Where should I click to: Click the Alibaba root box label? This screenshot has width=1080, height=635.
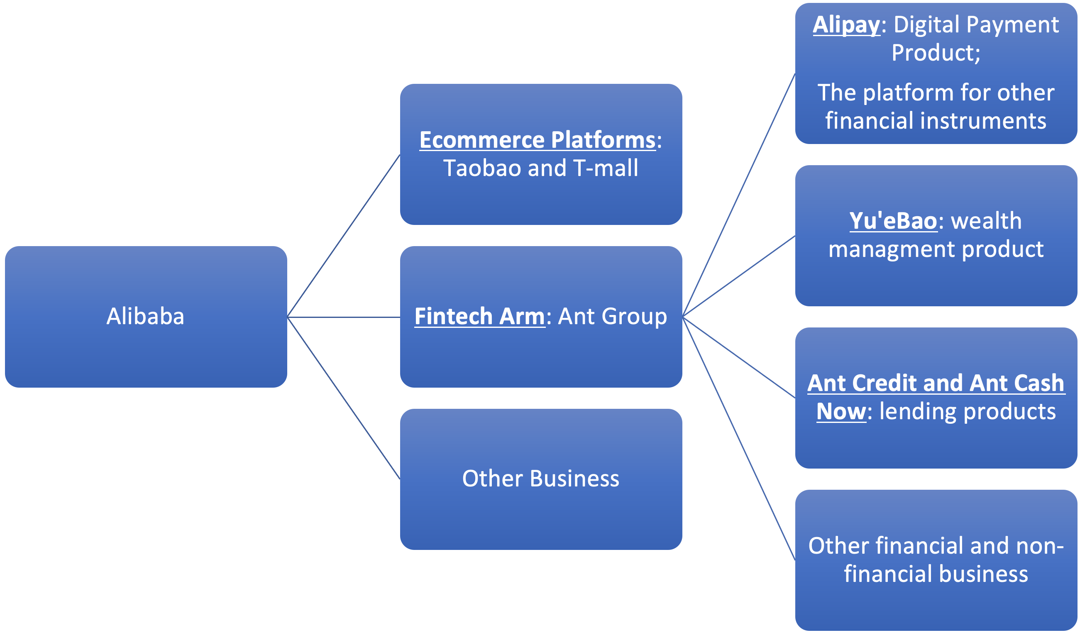coord(145,317)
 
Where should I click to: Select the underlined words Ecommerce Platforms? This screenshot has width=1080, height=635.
coord(538,140)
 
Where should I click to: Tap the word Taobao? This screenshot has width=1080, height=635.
coord(482,168)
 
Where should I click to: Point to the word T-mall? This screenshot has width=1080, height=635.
coord(606,168)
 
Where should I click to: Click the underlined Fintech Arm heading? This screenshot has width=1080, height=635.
coord(479,317)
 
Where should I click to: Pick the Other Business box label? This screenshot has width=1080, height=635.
coord(540,479)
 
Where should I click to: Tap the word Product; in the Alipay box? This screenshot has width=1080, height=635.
coord(936,53)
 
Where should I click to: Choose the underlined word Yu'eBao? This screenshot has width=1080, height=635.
coord(893,221)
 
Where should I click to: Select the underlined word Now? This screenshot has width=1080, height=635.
coord(841,412)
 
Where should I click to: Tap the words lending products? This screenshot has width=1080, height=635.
coord(967,412)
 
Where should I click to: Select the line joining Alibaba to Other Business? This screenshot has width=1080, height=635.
coord(343,398)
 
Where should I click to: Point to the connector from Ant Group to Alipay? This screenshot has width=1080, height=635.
coord(738,195)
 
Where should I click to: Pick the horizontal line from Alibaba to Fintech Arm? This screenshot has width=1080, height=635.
coord(343,317)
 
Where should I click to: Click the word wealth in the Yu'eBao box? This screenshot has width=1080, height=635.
coord(986,221)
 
